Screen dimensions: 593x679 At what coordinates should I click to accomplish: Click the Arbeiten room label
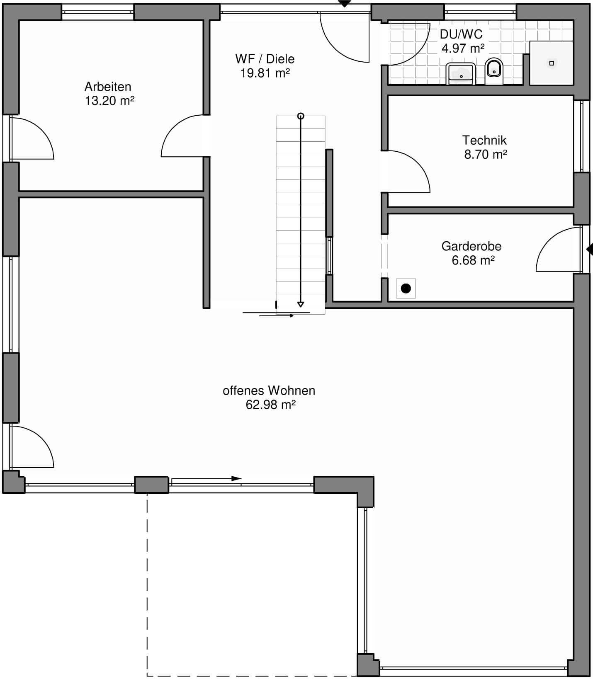coord(108,87)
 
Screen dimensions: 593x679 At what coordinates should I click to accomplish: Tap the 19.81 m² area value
coord(265,73)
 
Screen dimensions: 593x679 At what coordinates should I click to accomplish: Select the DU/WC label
coord(461,34)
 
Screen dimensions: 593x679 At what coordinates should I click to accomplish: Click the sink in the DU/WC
coord(461,74)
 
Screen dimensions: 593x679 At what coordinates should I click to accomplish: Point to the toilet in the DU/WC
coord(493,71)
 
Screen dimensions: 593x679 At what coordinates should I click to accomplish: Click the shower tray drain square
coord(552,63)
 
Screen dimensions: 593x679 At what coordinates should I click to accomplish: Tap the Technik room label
coord(484,140)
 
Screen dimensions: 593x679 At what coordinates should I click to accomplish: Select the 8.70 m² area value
coord(486,154)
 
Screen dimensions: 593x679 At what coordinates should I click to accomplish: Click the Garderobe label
coord(471,246)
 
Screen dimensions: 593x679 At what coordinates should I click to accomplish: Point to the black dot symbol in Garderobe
coord(406,289)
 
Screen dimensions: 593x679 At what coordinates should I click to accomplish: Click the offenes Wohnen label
coord(269,390)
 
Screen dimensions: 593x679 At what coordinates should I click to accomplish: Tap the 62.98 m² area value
coord(270,405)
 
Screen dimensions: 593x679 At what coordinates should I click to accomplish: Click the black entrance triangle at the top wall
coord(344,4)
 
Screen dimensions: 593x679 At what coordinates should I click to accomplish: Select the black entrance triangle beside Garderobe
coord(589,249)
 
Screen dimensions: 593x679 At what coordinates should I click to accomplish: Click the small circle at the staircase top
coord(301,116)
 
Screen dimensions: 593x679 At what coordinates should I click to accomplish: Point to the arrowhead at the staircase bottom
coord(301,304)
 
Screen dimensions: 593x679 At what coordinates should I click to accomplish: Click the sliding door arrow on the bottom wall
coord(207,479)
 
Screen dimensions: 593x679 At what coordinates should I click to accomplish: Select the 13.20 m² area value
coord(109,101)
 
